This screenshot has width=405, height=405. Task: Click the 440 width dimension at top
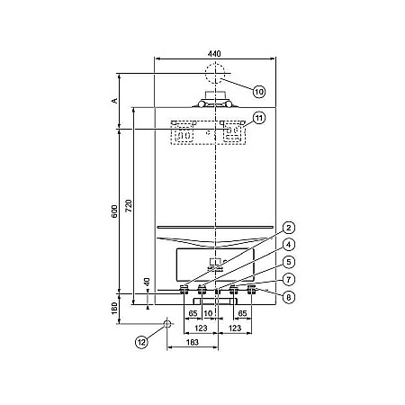click(214, 54)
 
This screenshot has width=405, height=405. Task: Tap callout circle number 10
click(259, 92)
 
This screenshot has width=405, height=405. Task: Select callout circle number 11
click(259, 118)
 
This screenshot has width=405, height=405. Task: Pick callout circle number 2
click(289, 228)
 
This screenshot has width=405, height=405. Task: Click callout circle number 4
click(289, 245)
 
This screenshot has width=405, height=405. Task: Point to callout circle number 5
click(289, 262)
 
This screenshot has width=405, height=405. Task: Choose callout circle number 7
click(289, 280)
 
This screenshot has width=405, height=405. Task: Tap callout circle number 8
click(289, 297)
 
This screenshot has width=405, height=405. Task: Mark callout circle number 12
click(141, 342)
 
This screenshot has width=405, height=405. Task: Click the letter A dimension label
click(114, 101)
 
